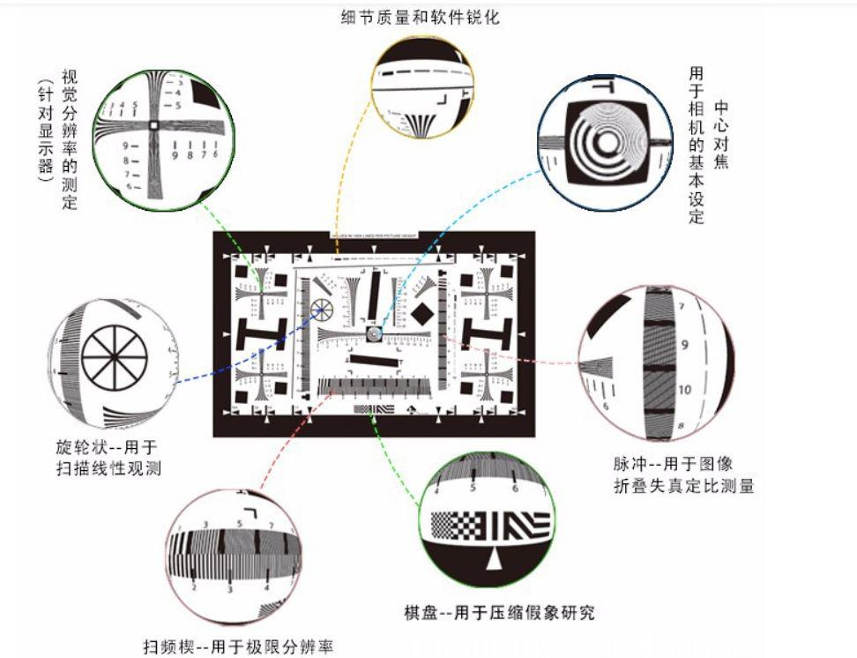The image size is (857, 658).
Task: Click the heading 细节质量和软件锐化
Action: [420, 16]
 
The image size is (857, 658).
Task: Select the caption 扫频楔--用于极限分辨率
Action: [239, 647]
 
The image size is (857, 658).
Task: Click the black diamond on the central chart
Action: [422, 312]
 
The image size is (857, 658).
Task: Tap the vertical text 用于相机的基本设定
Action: [697, 146]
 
